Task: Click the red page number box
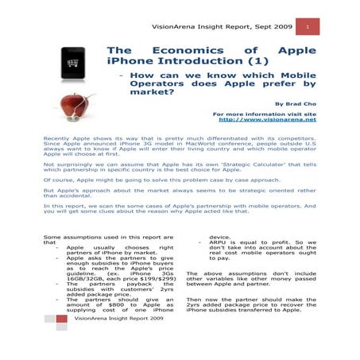308,27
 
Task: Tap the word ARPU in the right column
219,244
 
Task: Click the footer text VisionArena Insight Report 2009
117,339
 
